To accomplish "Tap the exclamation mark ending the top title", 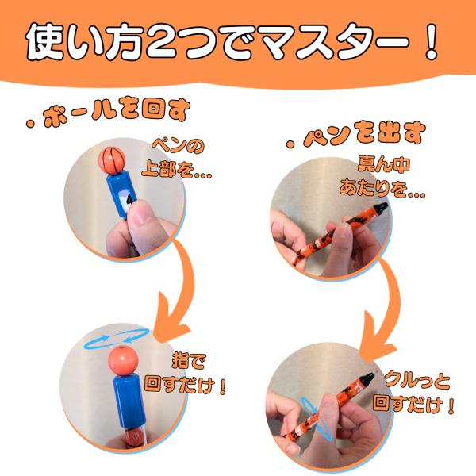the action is coord(431,41).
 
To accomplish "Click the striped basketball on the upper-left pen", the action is coord(112,160).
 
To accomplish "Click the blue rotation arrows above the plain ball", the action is coord(117,337).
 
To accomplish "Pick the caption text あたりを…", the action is coord(382,188).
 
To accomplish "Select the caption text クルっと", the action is coord(417,381).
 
